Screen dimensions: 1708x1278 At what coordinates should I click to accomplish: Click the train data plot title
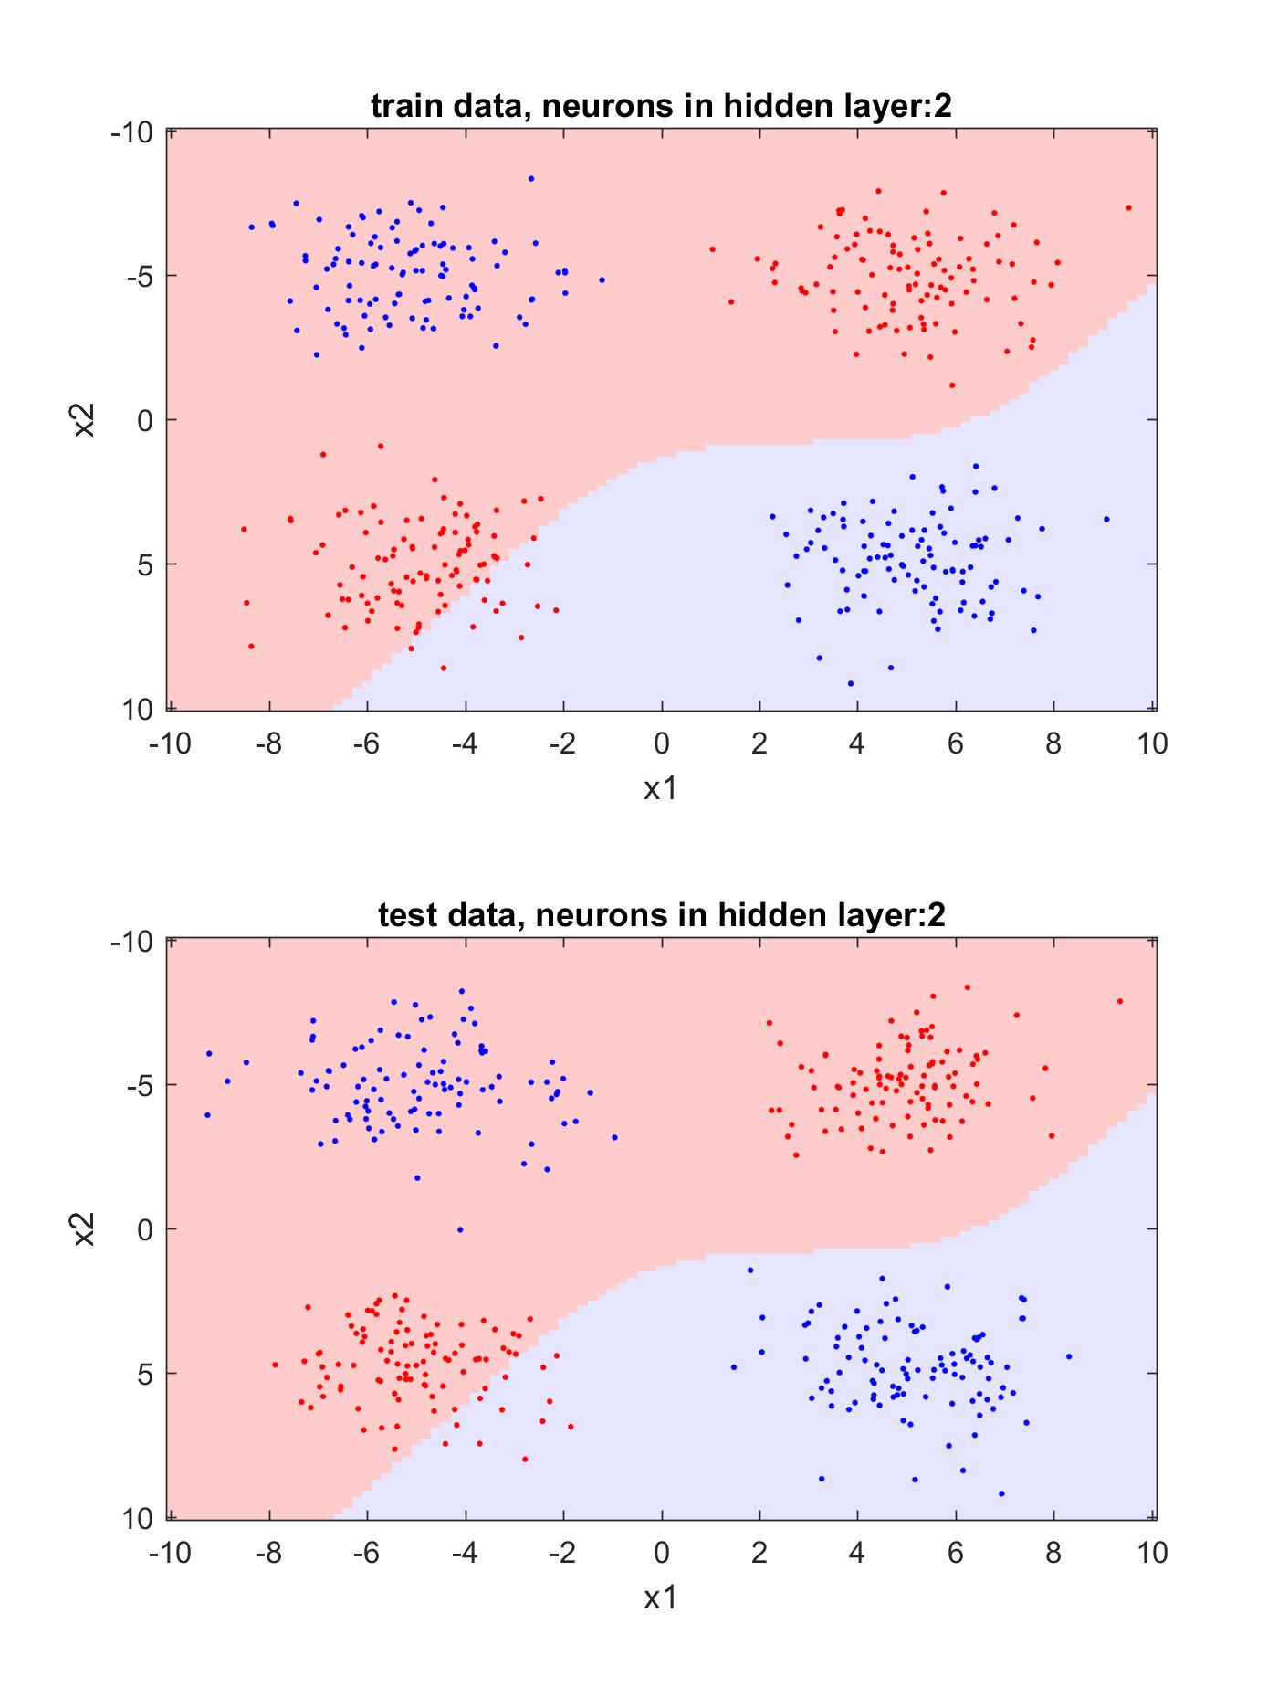662,107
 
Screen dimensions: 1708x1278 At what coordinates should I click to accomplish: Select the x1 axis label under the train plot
661,788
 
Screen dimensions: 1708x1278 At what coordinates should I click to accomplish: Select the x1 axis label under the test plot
661,1597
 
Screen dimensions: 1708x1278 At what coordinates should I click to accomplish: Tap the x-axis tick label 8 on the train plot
1053,743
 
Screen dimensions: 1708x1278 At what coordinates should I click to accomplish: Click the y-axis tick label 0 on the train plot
144,420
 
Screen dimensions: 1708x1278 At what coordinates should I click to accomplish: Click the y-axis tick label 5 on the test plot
144,1373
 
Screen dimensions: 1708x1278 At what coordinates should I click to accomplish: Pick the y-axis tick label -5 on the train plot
132,276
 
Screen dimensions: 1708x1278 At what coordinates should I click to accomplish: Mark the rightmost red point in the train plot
1128,207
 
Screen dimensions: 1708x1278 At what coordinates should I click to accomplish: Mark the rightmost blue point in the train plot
1106,519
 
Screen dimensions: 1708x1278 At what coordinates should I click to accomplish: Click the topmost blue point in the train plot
531,178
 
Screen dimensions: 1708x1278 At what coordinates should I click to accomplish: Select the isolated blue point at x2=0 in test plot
460,1229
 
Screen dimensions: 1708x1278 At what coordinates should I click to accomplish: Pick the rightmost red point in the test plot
1120,1001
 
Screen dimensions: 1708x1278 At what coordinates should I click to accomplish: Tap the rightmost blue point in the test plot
1069,1356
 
